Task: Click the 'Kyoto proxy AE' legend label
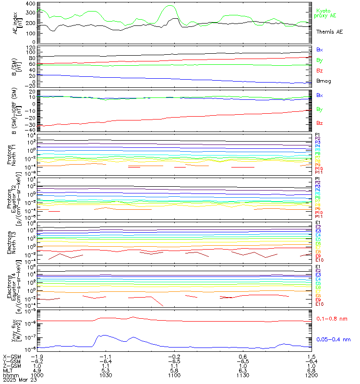(326, 13)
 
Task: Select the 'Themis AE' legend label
(329, 31)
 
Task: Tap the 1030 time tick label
(106, 377)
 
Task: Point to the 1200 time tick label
(311, 377)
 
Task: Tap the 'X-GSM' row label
(12, 357)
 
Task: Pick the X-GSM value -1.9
(37, 357)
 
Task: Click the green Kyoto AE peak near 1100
(170, 6)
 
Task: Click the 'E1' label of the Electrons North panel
(318, 223)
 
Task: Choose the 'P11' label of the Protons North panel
(318, 172)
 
